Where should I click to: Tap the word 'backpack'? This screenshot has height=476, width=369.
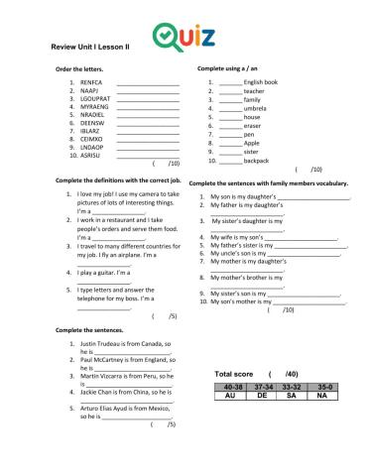pyautogui.click(x=256, y=160)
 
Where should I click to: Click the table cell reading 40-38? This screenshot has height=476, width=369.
pyautogui.click(x=233, y=386)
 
